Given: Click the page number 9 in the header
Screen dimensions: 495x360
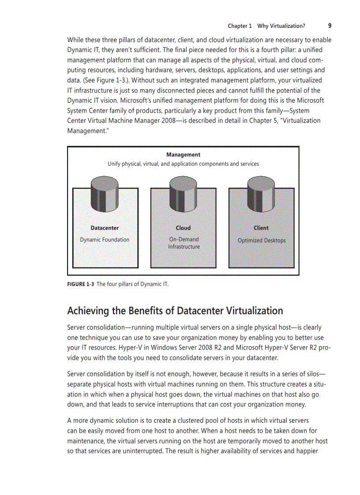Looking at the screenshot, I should point(330,26).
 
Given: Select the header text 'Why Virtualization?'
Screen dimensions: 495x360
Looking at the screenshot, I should point(281,26).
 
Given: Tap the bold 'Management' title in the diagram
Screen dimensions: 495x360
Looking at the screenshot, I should point(183,155).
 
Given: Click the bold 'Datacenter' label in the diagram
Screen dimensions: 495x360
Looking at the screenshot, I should point(105,228).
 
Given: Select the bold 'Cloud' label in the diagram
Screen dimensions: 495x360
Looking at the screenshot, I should point(183,228).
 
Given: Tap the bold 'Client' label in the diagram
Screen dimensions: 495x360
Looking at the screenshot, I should point(261,228).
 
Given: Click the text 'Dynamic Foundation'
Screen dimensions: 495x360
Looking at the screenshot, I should point(105,240).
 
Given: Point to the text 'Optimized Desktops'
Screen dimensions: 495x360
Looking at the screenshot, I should point(262,240).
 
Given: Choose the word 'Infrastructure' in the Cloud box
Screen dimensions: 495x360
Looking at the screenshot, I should point(184,247).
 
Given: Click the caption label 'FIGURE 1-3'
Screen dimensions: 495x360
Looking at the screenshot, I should point(80,284).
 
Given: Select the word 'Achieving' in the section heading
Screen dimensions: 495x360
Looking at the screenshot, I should point(88,311).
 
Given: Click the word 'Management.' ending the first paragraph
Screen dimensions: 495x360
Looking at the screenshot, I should point(86,130).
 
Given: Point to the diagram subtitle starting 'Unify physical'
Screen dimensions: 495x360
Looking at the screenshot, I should point(183,164).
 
